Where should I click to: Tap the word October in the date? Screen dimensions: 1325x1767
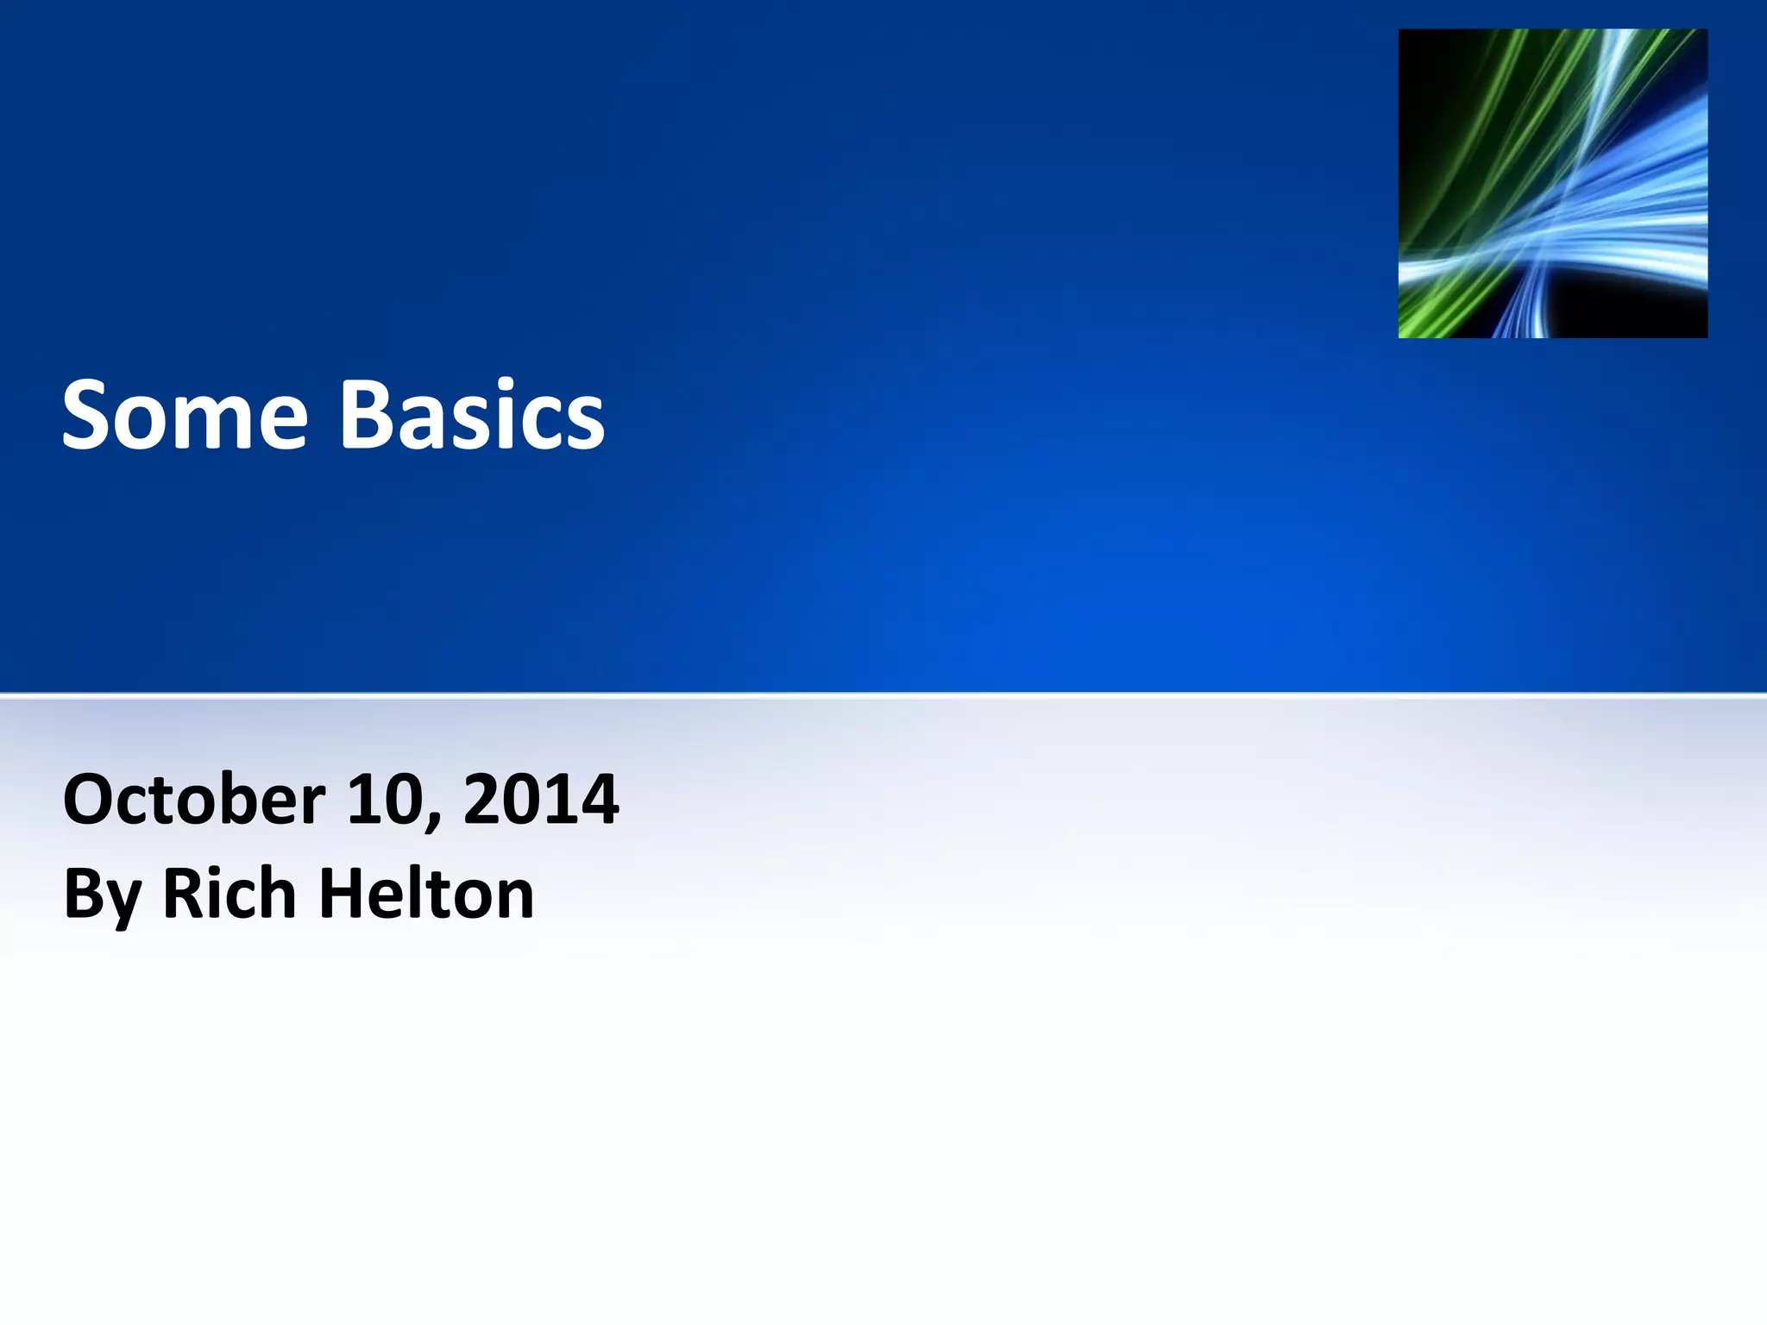(x=194, y=800)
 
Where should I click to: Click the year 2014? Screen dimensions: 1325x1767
(x=541, y=800)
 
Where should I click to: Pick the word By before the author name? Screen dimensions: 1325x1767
(x=102, y=895)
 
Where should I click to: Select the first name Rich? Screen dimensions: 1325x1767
(x=230, y=894)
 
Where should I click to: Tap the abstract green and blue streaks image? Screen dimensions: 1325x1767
(x=1552, y=183)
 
